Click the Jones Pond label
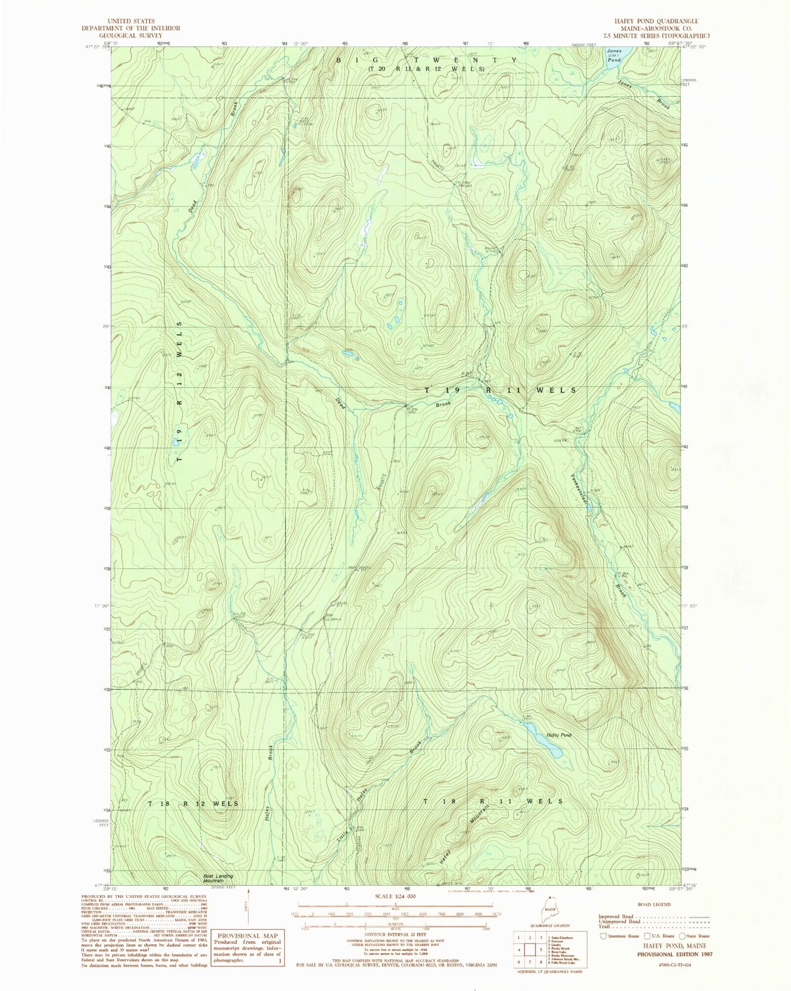coord(614,56)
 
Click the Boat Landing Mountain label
coord(218,879)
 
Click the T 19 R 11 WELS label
coord(500,390)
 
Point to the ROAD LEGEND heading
coord(654,904)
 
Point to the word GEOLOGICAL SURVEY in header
coord(130,35)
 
